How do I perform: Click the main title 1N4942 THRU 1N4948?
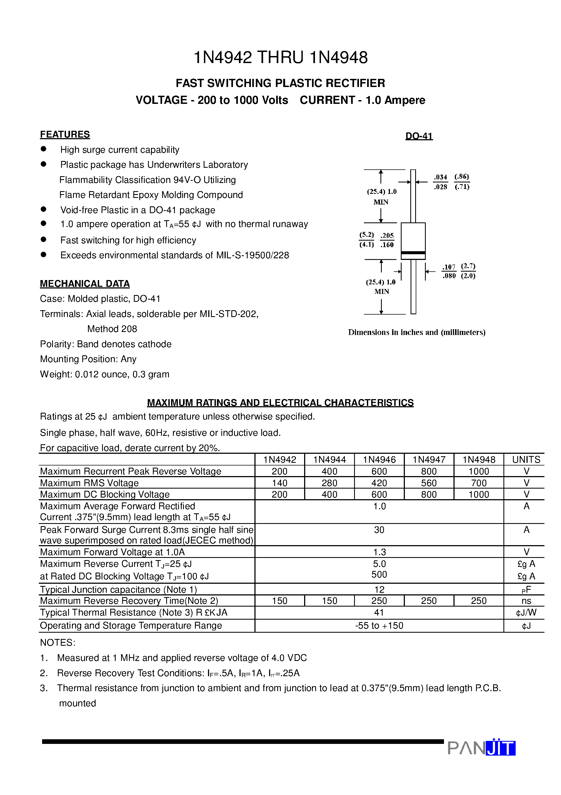click(x=280, y=57)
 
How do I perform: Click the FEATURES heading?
click(x=65, y=134)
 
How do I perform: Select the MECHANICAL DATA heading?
click(x=85, y=284)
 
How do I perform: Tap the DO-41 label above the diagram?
click(x=419, y=136)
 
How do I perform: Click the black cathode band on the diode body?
click(x=413, y=253)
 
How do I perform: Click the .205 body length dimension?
click(x=387, y=235)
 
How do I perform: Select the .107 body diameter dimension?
click(x=449, y=267)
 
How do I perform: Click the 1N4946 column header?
click(x=379, y=459)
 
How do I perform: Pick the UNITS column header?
click(x=526, y=459)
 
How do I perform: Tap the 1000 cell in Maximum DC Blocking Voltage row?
click(x=479, y=495)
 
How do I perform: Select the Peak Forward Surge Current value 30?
click(x=379, y=530)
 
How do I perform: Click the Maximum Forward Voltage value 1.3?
click(x=379, y=552)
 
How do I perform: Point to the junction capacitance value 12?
click(x=379, y=589)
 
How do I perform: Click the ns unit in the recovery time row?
click(x=526, y=601)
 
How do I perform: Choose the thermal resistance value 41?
click(x=379, y=613)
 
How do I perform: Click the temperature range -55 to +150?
click(x=379, y=626)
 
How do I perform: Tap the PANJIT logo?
click(x=481, y=748)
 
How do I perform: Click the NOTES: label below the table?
click(x=57, y=643)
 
